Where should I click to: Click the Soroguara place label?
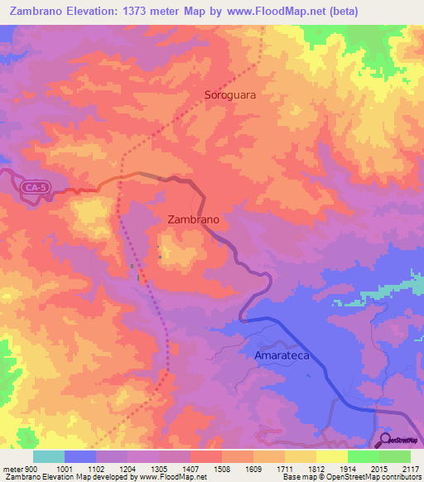click(x=230, y=94)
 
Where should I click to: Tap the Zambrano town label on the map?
click(x=193, y=220)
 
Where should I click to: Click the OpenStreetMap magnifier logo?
click(x=385, y=441)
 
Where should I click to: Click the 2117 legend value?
click(x=412, y=469)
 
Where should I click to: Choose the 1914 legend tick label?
click(x=349, y=469)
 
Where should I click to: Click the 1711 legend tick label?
click(x=286, y=469)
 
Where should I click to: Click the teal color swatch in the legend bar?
click(x=49, y=456)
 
